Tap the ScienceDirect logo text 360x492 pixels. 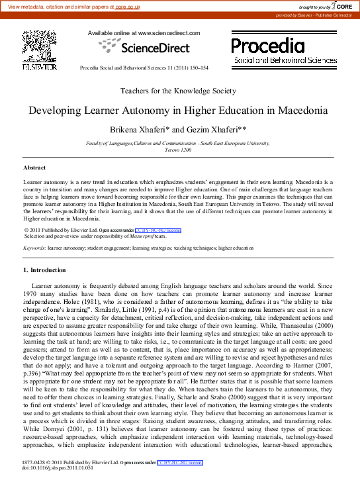click(144, 47)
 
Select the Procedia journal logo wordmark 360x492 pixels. click(268, 46)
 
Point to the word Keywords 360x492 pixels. click(34, 248)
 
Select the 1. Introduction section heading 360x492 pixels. click(44, 270)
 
